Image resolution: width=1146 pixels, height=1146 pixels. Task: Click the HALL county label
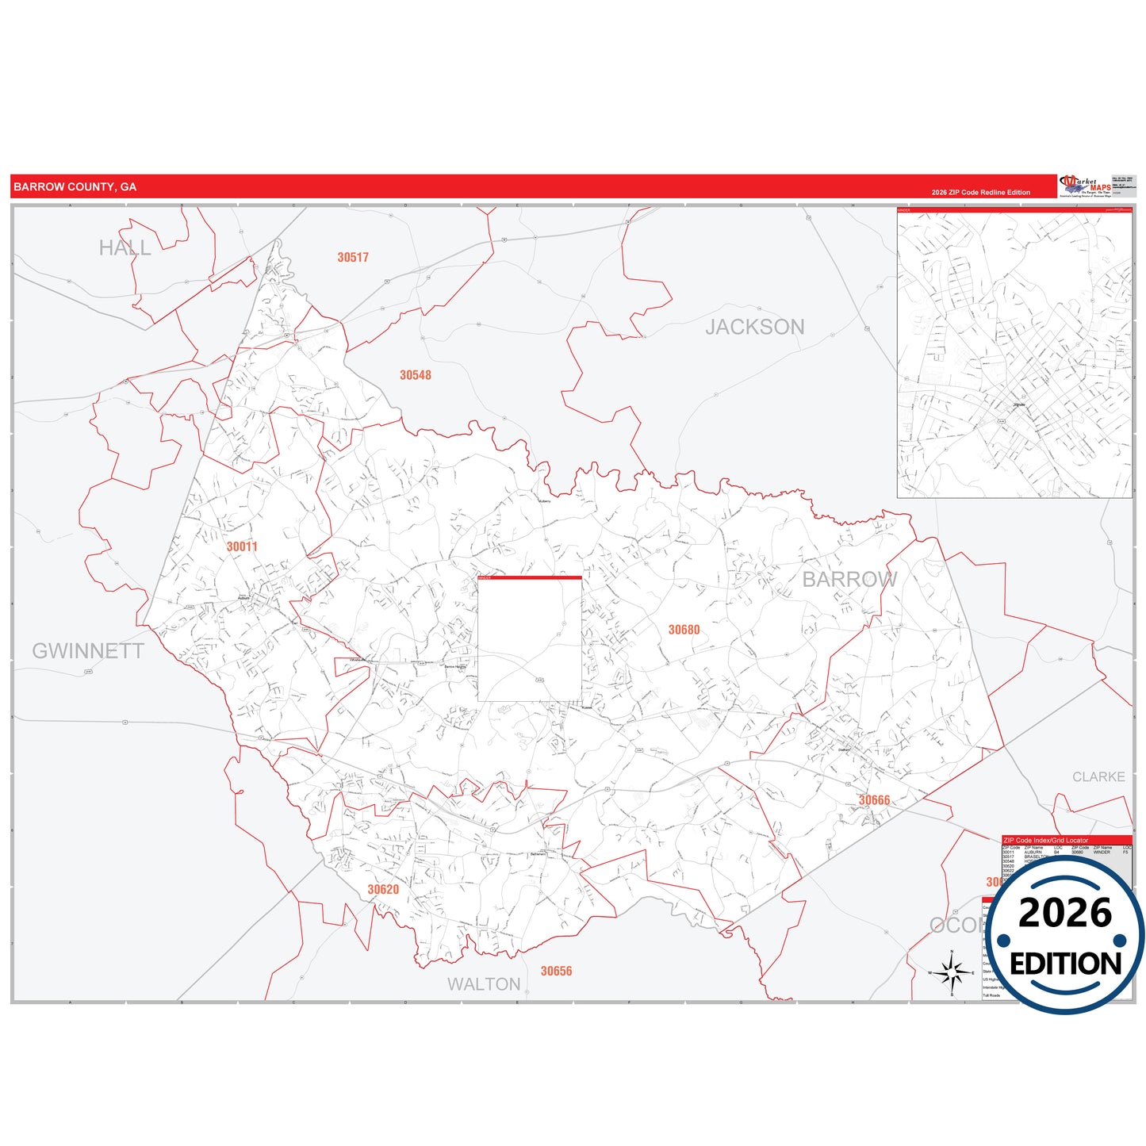click(x=125, y=248)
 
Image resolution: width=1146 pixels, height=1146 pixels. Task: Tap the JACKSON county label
click(x=754, y=327)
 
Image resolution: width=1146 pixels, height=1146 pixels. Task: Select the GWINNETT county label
click(x=88, y=651)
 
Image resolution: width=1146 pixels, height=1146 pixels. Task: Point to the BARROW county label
click(x=849, y=580)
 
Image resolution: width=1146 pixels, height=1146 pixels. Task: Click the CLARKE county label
click(x=1098, y=777)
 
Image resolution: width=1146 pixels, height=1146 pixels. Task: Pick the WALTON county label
click(x=484, y=984)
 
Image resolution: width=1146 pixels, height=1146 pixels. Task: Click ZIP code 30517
click(x=353, y=257)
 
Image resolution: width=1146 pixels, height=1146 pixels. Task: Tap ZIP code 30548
click(x=416, y=375)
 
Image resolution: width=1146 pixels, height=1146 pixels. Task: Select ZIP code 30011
click(x=242, y=546)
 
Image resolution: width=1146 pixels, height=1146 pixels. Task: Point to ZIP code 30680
click(x=684, y=630)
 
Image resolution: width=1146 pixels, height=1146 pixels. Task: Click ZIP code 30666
click(x=874, y=800)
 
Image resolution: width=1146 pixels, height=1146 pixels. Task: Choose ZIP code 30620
click(x=383, y=890)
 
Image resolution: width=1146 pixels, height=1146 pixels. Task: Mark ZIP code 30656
click(x=556, y=971)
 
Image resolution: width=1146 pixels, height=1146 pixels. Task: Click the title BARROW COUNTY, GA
click(x=75, y=187)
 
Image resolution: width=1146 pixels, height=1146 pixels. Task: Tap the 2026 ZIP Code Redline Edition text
click(x=981, y=192)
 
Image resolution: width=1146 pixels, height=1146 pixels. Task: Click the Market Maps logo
click(x=1086, y=186)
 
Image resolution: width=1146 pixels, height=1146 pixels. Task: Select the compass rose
click(x=952, y=972)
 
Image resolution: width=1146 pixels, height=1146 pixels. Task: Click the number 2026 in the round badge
click(x=1065, y=913)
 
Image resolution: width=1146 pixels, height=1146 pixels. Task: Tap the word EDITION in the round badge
click(x=1065, y=964)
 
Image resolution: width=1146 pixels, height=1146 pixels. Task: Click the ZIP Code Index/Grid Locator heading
click(x=1046, y=840)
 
